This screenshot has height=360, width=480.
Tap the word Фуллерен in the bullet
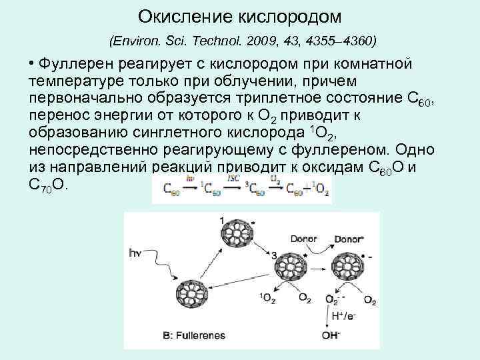point(79,64)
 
